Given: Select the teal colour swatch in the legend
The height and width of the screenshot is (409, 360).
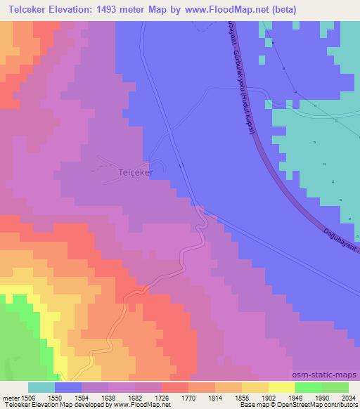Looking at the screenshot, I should pos(41,387).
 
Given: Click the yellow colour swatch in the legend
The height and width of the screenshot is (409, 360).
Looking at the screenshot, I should pos(281,387).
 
